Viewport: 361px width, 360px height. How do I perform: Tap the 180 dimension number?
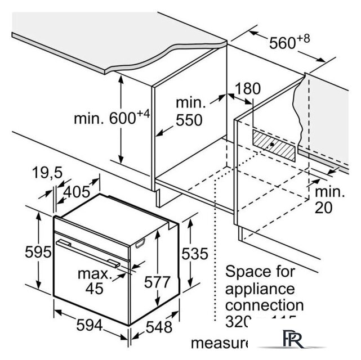[x=248, y=88]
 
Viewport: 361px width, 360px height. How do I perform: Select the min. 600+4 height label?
[x=112, y=118]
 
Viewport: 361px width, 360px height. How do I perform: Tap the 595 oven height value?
[x=23, y=252]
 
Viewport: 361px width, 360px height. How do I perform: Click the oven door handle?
[x=90, y=252]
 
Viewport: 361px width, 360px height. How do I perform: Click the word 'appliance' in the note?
[x=260, y=289]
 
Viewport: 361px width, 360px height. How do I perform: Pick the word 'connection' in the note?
[x=264, y=305]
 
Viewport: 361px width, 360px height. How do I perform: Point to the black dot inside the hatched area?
[x=273, y=144]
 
